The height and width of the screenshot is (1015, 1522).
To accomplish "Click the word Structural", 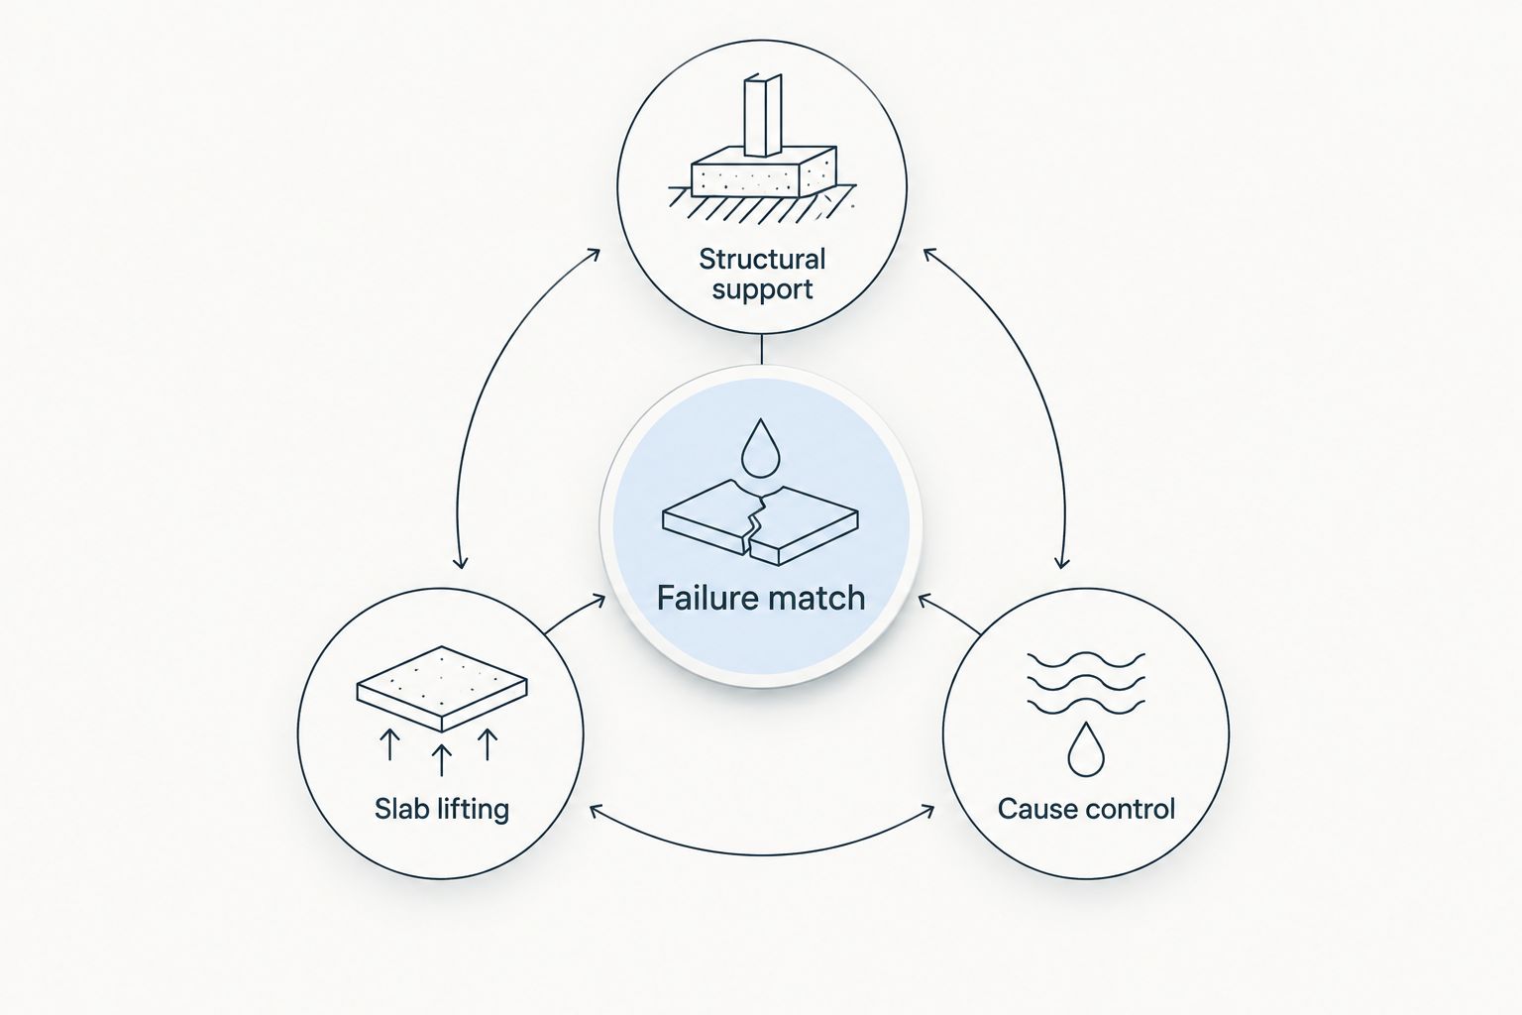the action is [762, 259].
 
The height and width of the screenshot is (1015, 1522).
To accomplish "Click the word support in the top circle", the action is [762, 289].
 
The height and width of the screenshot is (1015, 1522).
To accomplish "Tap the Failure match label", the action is [761, 599].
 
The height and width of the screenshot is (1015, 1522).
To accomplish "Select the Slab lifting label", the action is [442, 809].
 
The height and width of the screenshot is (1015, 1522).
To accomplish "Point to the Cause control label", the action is [1086, 809].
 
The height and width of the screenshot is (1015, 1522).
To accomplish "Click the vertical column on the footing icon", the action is [763, 116].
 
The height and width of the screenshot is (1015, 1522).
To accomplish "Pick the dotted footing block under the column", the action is [764, 172].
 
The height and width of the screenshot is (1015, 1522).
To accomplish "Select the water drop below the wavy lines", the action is [1086, 749].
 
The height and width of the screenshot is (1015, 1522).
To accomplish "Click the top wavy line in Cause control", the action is [1086, 659].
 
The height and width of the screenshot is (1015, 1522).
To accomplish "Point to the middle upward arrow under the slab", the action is [442, 759].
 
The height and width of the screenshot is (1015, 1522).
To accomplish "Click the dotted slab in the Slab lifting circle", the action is [442, 689].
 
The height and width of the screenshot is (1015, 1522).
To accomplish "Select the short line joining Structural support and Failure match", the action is [762, 350].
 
